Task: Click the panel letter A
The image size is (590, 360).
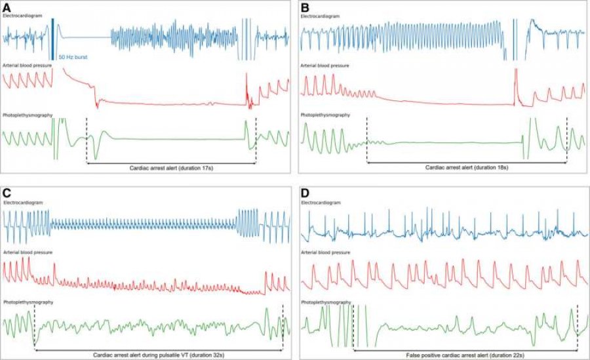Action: pyautogui.click(x=7, y=7)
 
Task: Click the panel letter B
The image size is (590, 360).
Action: pyautogui.click(x=305, y=7)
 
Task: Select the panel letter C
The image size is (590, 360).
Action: pyautogui.click(x=7, y=193)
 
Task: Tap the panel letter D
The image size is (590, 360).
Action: pyautogui.click(x=305, y=193)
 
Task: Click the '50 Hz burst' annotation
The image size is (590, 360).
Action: pyautogui.click(x=73, y=57)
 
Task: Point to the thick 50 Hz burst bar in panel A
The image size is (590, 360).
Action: pyautogui.click(x=53, y=39)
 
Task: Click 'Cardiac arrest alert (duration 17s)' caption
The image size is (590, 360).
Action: pyautogui.click(x=171, y=168)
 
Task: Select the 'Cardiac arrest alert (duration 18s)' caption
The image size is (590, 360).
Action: pyautogui.click(x=467, y=168)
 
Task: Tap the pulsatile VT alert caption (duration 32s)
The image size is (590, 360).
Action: pyautogui.click(x=159, y=355)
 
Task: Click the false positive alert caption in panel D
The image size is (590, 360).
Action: pyautogui.click(x=465, y=355)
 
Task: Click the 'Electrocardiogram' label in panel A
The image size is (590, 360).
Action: pyautogui.click(x=22, y=16)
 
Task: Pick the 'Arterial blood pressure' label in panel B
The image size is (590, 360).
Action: pyautogui.click(x=324, y=66)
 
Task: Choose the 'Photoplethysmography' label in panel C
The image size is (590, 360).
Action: pyautogui.click(x=28, y=302)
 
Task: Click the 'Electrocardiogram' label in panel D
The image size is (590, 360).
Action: pyautogui.click(x=321, y=203)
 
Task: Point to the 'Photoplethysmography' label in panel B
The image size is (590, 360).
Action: pyautogui.click(x=325, y=115)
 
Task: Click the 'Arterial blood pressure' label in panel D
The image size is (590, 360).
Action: pyautogui.click(x=325, y=252)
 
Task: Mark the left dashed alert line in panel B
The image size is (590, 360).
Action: pyautogui.click(x=367, y=140)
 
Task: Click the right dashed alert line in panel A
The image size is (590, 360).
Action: pyautogui.click(x=256, y=140)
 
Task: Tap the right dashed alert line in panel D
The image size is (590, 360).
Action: pyautogui.click(x=578, y=327)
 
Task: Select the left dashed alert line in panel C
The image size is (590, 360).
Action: pyautogui.click(x=35, y=327)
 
